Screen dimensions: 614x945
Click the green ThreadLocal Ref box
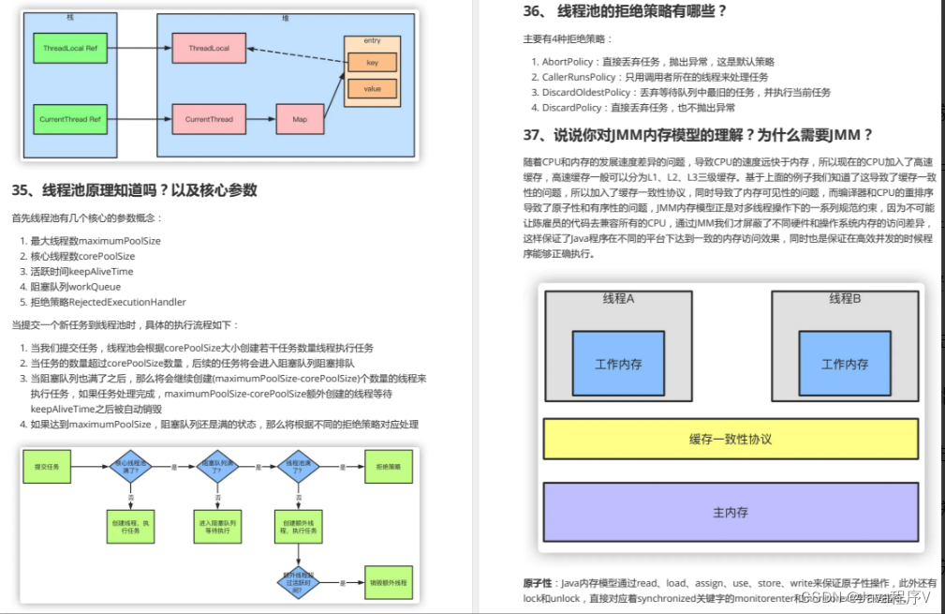click(x=71, y=47)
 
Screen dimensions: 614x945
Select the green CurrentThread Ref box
click(x=71, y=119)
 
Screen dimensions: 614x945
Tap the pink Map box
click(x=299, y=119)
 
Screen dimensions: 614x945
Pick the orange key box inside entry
click(x=372, y=63)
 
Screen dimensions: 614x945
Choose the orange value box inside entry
click(x=372, y=89)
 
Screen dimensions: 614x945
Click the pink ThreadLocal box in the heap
click(x=208, y=47)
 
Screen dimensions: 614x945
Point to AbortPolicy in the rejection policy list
click(x=568, y=62)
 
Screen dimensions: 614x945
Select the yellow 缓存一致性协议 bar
click(x=731, y=439)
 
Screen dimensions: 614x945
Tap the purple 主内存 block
click(x=731, y=512)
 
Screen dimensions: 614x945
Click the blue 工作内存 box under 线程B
click(x=844, y=364)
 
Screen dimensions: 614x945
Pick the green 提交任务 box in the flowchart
click(x=47, y=466)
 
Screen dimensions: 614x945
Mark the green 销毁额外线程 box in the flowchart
click(x=388, y=582)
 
